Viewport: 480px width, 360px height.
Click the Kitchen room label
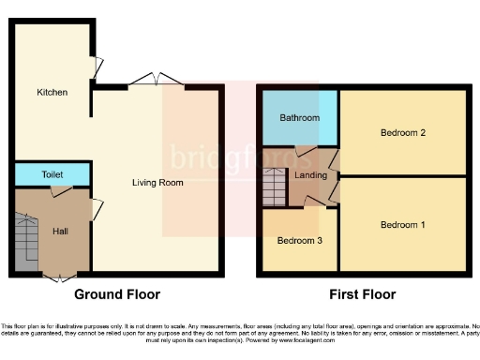pos(52,93)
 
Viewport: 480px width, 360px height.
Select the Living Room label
pos(157,182)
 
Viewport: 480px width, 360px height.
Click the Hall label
pos(60,230)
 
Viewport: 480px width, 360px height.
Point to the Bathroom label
pos(299,119)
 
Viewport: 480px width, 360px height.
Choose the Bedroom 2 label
pos(402,133)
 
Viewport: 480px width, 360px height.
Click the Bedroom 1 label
pos(402,225)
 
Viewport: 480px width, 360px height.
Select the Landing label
pos(310,175)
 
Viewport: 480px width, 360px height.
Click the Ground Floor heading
pos(117,294)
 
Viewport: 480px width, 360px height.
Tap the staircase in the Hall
pos(27,244)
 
